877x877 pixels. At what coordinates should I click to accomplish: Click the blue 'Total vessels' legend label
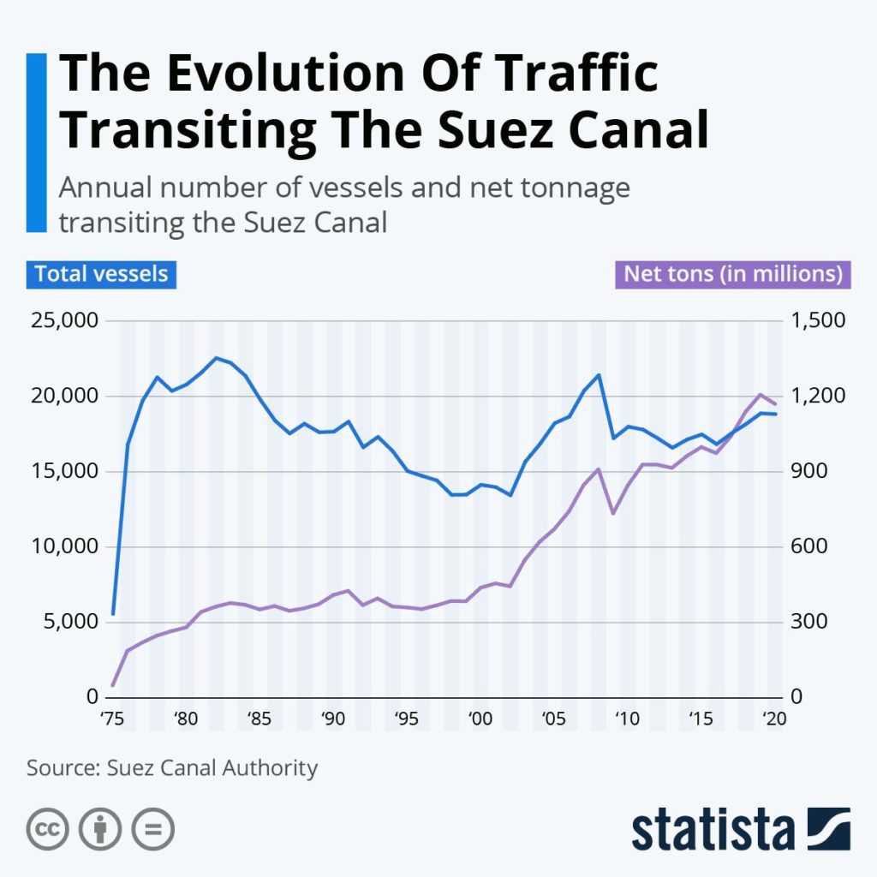click(x=101, y=274)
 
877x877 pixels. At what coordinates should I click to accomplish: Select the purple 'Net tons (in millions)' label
click(x=731, y=274)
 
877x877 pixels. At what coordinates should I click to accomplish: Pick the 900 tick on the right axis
click(x=814, y=472)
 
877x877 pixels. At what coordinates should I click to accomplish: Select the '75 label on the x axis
click(x=111, y=720)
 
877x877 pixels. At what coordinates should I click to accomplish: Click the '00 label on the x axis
click(x=480, y=720)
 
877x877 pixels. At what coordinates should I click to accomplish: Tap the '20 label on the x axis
click(x=773, y=720)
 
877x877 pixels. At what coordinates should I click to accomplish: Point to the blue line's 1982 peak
click(x=216, y=357)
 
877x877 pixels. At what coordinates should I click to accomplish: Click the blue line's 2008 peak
click(x=598, y=374)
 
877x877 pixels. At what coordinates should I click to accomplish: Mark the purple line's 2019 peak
click(x=760, y=394)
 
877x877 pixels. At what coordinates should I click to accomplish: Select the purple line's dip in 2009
click(x=612, y=513)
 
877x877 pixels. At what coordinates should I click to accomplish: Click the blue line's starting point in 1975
click(x=113, y=614)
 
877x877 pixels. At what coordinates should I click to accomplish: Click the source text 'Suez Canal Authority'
click(x=212, y=767)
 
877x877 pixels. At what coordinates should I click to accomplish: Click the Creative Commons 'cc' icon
click(x=48, y=828)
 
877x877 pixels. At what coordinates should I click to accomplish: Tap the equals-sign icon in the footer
click(x=152, y=828)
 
